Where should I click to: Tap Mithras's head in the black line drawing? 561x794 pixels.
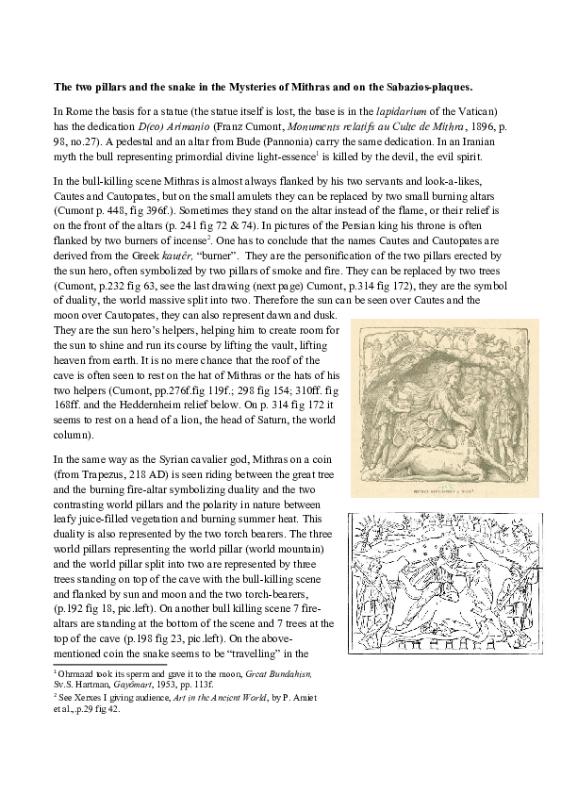pos(434,547)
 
